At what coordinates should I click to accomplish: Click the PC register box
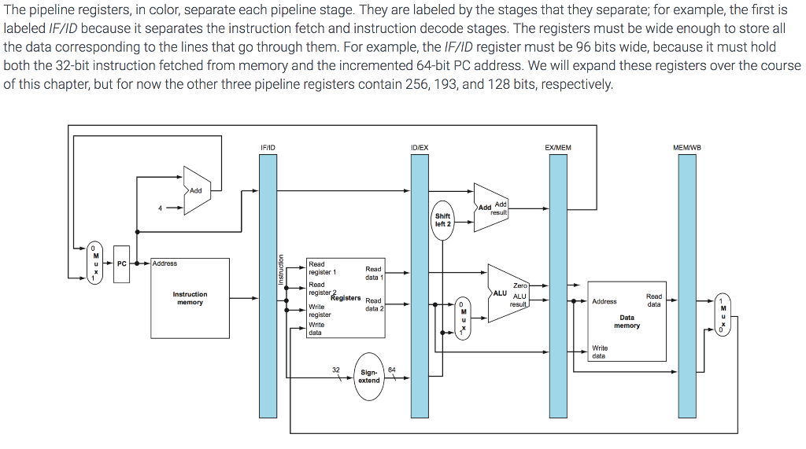point(121,263)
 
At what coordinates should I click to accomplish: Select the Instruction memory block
point(190,298)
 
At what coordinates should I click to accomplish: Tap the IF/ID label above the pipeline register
point(268,148)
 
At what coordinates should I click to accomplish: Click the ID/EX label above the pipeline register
point(420,148)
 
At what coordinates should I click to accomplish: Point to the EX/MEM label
point(558,148)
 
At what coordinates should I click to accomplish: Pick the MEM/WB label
point(687,148)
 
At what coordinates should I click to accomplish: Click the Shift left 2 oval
point(443,219)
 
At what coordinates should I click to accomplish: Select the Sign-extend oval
point(368,376)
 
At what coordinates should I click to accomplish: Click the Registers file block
point(346,298)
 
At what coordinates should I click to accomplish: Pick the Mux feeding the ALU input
point(464,318)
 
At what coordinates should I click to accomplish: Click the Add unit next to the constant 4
point(197,190)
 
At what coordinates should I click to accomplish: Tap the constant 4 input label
point(160,208)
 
